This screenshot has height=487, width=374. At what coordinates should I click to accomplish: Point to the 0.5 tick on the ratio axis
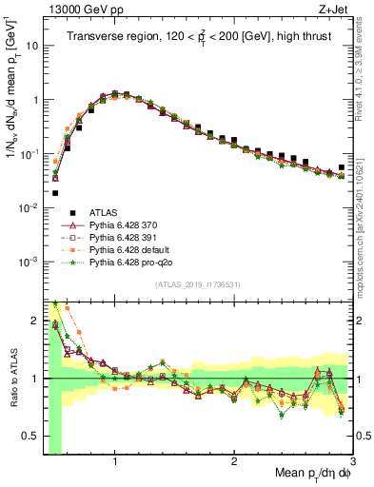[31, 437]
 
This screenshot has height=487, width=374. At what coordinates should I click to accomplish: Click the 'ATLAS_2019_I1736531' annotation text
[198, 284]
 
